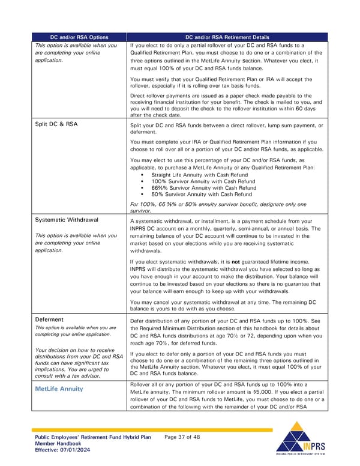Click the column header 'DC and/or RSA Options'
click(79, 37)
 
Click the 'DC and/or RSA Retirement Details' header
click(227, 37)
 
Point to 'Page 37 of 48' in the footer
click(182, 437)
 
